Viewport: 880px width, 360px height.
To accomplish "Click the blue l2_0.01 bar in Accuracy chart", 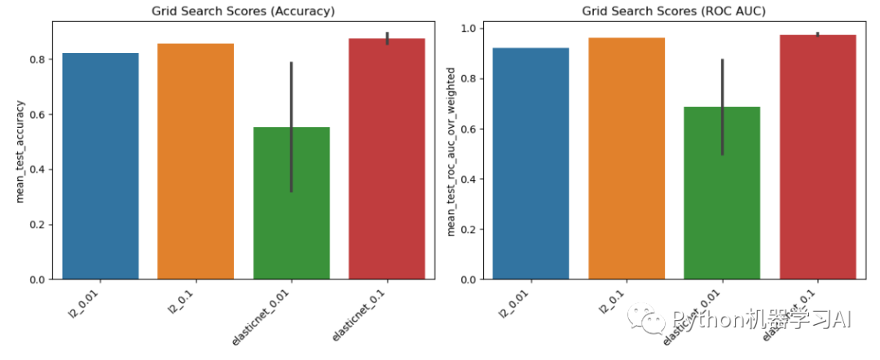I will pos(100,167).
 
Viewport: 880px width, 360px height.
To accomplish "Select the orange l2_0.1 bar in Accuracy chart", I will pos(196,162).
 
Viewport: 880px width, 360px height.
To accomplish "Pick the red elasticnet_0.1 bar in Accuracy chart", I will pos(386,159).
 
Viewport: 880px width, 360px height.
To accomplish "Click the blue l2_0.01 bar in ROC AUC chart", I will pos(530,164).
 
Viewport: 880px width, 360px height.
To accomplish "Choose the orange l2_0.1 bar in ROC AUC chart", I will pos(626,159).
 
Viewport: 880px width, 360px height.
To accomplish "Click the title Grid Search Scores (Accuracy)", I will pos(244,11).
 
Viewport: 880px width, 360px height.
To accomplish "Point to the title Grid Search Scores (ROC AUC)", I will pos(674,11).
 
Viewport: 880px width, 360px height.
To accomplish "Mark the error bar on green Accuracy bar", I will pos(291,122).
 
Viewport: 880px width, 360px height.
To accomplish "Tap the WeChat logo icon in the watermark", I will pos(652,320).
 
